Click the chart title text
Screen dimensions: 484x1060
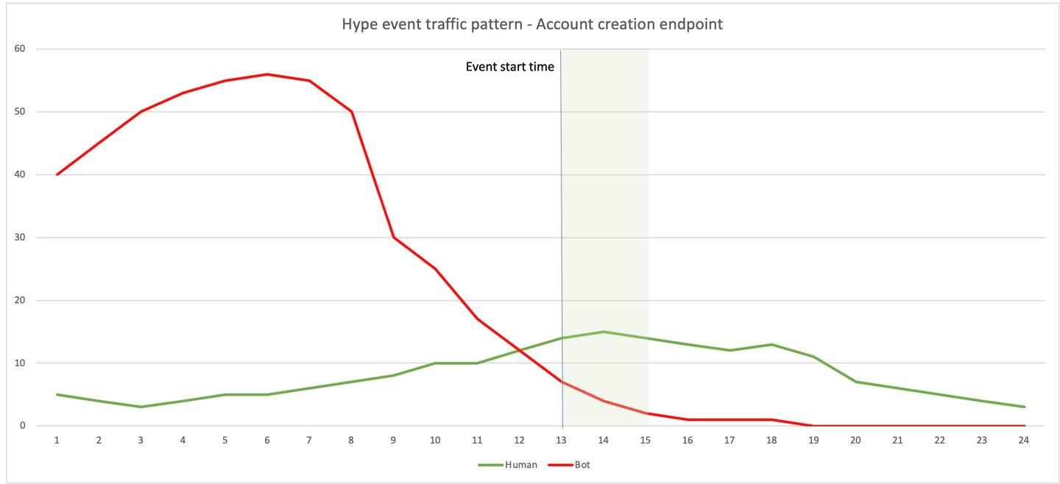[531, 24]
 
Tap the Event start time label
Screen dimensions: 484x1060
[509, 67]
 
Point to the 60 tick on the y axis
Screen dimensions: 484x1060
[20, 49]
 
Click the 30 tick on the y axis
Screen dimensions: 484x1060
[20, 238]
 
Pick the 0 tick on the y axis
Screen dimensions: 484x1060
[23, 426]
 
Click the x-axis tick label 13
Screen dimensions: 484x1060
[562, 441]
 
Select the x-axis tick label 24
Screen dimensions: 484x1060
[1024, 441]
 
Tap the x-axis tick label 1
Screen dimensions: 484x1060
[57, 441]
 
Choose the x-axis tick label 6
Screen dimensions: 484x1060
[267, 441]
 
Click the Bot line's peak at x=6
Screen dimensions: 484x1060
[267, 74]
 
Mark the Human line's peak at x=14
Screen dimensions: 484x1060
[604, 332]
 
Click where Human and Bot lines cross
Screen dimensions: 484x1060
[520, 350]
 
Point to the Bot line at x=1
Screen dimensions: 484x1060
[57, 174]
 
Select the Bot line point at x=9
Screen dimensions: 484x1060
[393, 238]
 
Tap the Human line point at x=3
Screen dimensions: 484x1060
[141, 407]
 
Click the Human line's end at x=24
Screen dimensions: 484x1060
[1024, 407]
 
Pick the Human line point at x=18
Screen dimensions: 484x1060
[771, 344]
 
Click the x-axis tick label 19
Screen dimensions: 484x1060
[813, 441]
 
